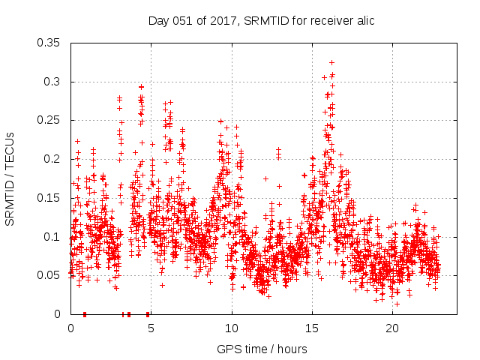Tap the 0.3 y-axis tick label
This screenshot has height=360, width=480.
pyautogui.click(x=53, y=82)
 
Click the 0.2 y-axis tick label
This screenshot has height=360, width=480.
pyautogui.click(x=53, y=159)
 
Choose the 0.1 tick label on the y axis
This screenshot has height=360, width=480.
pyautogui.click(x=53, y=237)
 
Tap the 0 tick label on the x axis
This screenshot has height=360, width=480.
pyautogui.click(x=70, y=328)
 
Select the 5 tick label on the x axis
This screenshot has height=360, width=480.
pyautogui.click(x=151, y=328)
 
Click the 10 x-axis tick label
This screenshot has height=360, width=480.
pyautogui.click(x=232, y=328)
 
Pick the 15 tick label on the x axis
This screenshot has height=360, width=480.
pyautogui.click(x=312, y=328)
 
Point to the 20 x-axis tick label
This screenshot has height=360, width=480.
pyautogui.click(x=392, y=328)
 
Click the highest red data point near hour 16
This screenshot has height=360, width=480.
pyautogui.click(x=331, y=62)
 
